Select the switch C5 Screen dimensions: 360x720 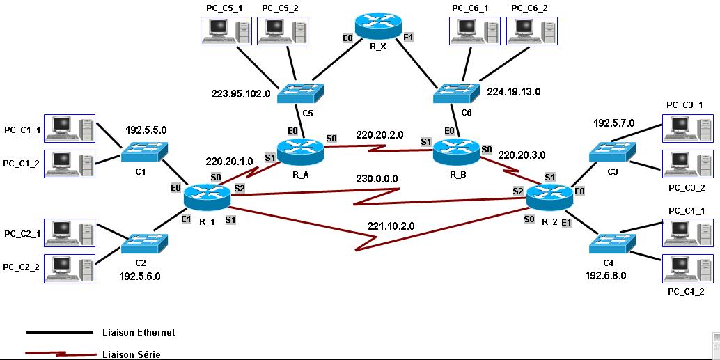[299, 91]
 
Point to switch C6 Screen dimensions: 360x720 [456, 91]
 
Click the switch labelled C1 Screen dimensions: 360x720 [144, 150]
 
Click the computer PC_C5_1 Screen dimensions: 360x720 [226, 31]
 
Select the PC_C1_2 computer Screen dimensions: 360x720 [69, 163]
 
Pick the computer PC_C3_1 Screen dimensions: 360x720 [687, 127]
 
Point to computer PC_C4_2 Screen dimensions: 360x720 [687, 268]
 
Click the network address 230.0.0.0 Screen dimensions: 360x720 [377, 179]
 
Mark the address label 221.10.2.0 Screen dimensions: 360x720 [391, 226]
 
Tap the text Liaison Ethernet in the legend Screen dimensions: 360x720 [138, 333]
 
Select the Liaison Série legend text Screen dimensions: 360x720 [131, 354]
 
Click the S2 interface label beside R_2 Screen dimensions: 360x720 [518, 191]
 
